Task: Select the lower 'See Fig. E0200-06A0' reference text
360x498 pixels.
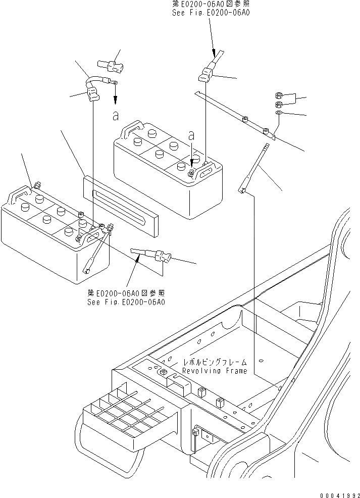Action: tap(126, 302)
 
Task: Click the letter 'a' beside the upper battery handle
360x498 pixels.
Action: tap(191, 135)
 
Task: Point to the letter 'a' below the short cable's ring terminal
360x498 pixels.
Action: tap(116, 116)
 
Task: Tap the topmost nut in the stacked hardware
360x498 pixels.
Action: tap(279, 95)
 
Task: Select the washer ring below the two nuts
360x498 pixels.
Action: tap(278, 113)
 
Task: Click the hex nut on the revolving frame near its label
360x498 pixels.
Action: tap(164, 373)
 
